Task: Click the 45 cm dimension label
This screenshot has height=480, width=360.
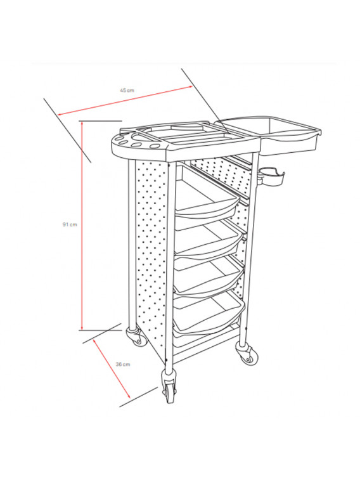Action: click(x=127, y=90)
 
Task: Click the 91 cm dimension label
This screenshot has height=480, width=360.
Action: click(x=70, y=224)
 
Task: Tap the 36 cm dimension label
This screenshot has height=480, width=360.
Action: click(x=123, y=365)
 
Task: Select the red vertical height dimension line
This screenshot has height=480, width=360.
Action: click(x=82, y=226)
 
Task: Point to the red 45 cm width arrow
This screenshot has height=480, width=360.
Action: click(x=125, y=101)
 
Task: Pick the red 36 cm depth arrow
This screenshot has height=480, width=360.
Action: click(x=112, y=368)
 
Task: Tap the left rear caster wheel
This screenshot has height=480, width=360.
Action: click(x=137, y=337)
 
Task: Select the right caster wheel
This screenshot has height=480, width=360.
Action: click(x=247, y=354)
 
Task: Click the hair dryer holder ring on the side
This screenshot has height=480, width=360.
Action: click(x=272, y=178)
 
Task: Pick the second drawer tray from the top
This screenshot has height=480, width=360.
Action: click(x=209, y=241)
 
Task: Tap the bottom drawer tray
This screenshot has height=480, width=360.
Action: click(x=209, y=314)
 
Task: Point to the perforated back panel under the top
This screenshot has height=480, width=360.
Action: click(x=219, y=174)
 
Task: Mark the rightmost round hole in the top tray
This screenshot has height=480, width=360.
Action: click(x=156, y=146)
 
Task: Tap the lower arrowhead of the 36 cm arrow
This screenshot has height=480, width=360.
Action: click(x=129, y=396)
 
